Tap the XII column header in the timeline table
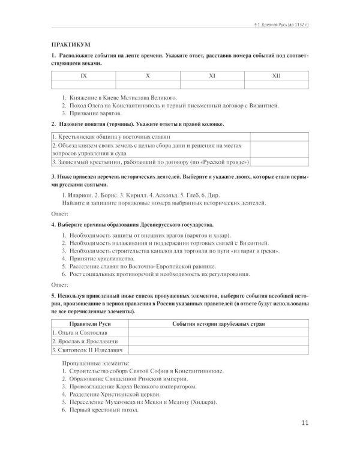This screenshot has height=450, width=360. tap(277, 77)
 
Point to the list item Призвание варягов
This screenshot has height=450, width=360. tap(95, 113)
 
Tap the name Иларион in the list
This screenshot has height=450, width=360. tap(77, 196)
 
